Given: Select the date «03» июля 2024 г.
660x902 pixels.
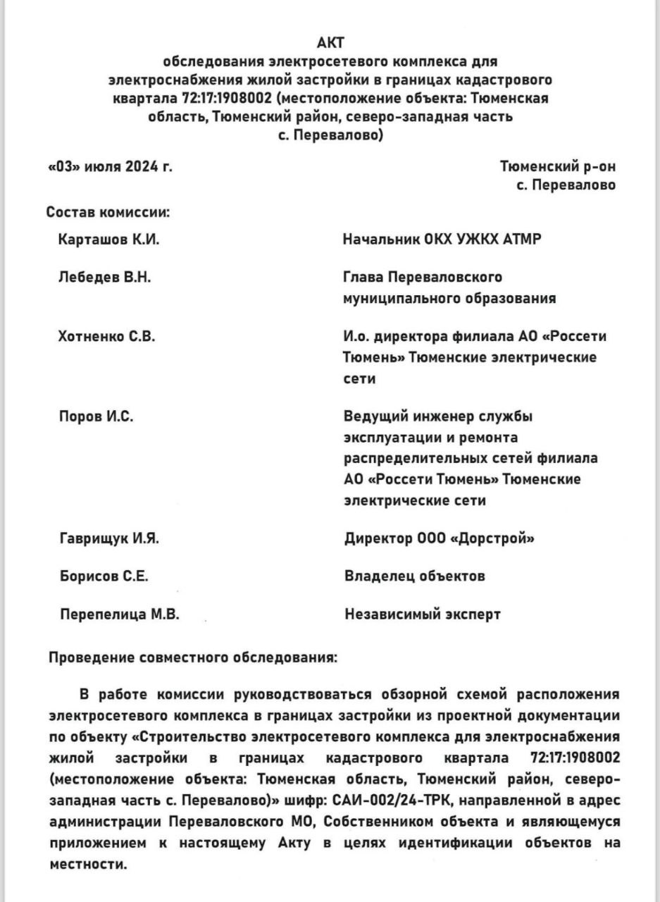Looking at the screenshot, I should [110, 167].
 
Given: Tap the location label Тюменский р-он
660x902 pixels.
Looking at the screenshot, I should [558, 167].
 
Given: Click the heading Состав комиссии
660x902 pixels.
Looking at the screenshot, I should [109, 212].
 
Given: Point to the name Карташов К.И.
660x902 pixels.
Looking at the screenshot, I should [109, 240].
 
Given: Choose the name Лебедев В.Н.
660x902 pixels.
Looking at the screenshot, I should [104, 277].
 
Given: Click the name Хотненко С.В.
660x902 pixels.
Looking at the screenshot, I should [107, 336].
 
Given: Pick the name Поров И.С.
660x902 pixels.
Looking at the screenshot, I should [96, 416].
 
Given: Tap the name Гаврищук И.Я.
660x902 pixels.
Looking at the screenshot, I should [110, 539].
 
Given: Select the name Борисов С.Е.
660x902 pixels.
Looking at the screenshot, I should [104, 576].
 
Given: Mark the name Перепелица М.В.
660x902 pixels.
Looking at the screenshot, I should [120, 614].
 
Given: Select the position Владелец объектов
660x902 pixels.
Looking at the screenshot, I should [415, 576].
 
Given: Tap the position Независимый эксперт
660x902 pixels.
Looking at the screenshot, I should [423, 614].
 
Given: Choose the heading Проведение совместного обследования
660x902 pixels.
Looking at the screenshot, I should [193, 659].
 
